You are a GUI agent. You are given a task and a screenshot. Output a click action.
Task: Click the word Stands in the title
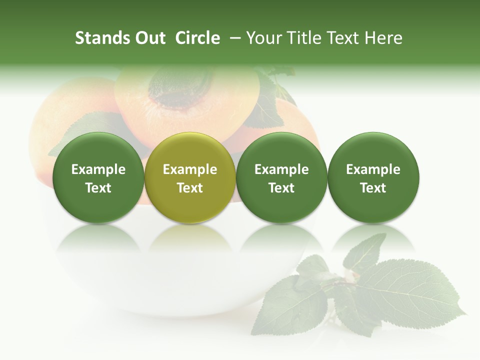click(x=101, y=38)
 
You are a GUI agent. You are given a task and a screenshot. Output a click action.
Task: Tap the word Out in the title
click(x=148, y=38)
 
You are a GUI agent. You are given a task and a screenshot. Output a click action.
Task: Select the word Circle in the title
click(x=197, y=38)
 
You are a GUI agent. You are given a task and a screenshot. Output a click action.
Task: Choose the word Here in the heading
click(x=383, y=38)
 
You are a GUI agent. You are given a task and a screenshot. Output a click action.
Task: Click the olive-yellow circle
click(x=190, y=178)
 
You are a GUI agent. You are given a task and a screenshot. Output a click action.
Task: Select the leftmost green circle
click(x=98, y=178)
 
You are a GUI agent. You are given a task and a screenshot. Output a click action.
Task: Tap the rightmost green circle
click(x=373, y=178)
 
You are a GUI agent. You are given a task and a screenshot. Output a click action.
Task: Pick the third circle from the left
click(x=281, y=178)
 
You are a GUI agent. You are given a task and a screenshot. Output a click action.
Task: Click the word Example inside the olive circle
click(x=190, y=169)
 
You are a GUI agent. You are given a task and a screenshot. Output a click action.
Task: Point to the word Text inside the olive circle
click(x=190, y=188)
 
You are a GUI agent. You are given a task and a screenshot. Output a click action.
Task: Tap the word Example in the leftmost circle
click(x=98, y=169)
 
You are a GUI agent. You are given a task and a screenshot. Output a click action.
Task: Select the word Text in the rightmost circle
click(x=373, y=188)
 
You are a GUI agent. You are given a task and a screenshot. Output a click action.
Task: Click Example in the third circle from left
click(x=281, y=169)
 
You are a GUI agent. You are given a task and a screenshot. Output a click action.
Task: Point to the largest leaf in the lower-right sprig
click(x=410, y=290)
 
